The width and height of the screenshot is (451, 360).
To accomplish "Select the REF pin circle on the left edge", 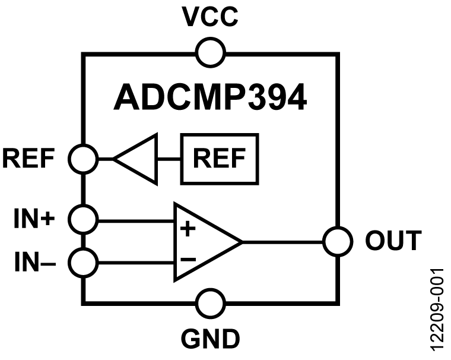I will click(83, 159).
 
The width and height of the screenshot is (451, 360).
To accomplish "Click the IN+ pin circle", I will click(83, 219).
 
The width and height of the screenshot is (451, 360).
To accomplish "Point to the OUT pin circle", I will click(338, 242).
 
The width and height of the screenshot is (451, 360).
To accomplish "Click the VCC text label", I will click(210, 18).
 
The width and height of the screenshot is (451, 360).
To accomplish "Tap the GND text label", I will click(210, 339).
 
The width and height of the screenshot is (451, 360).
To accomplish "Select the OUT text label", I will click(392, 242).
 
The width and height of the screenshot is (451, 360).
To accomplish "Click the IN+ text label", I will click(34, 219).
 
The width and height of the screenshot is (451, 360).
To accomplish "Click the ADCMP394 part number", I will click(210, 98).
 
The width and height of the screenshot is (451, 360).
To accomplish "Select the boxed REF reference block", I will click(219, 159).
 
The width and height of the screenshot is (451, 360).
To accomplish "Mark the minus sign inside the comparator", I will click(188, 259).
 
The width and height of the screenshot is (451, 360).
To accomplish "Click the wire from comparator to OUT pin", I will click(284, 242).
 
